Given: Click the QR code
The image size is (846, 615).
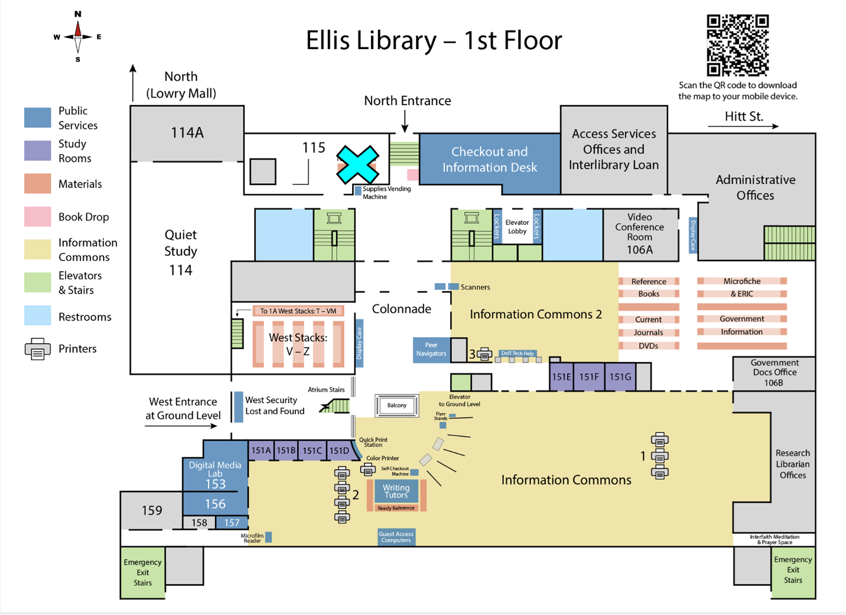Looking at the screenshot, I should tap(737, 45).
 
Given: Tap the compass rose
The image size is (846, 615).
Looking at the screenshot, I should tap(78, 37).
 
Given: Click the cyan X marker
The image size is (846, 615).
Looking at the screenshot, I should tap(357, 164).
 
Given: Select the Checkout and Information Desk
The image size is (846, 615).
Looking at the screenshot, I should tap(489, 160).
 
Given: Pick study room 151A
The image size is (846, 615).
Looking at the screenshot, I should tap(261, 450).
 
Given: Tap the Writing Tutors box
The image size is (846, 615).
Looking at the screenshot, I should tap(396, 491).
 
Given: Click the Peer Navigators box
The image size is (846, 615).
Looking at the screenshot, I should tap(431, 349).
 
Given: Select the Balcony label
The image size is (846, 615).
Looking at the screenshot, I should tap(397, 405).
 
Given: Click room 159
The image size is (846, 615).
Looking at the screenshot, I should tap(152, 510).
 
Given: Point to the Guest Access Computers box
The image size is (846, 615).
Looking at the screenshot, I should tap(396, 537).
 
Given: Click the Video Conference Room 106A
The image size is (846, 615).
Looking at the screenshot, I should tap(640, 234).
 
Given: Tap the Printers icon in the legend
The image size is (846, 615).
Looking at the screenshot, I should tap(37, 349).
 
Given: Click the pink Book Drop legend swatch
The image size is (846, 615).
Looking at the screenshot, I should tap(37, 217).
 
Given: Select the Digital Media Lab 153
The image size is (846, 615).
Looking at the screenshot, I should tap(215, 474).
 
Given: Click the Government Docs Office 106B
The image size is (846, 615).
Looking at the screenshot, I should tap(774, 373).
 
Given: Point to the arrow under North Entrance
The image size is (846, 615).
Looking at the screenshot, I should tap(405, 121).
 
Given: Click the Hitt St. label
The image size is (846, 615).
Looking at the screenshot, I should tap(744, 116).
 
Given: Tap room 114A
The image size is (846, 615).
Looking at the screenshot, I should tap(187, 133).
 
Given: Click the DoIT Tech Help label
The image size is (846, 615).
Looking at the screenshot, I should tap(518, 353).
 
